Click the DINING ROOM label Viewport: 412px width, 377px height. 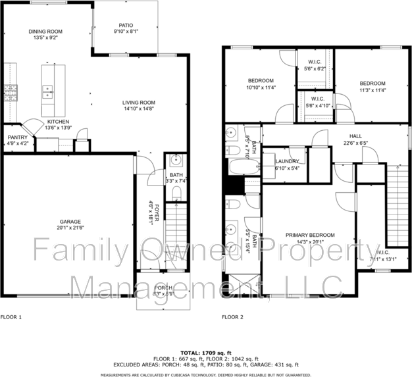click(x=45, y=32)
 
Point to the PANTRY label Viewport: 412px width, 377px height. click(x=17, y=137)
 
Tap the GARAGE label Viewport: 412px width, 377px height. click(x=70, y=222)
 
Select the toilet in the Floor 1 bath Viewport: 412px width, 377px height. click(x=176, y=193)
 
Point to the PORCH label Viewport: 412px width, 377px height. click(x=163, y=289)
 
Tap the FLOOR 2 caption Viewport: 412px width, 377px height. click(x=232, y=316)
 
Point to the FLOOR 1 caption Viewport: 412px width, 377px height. click(x=11, y=316)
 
